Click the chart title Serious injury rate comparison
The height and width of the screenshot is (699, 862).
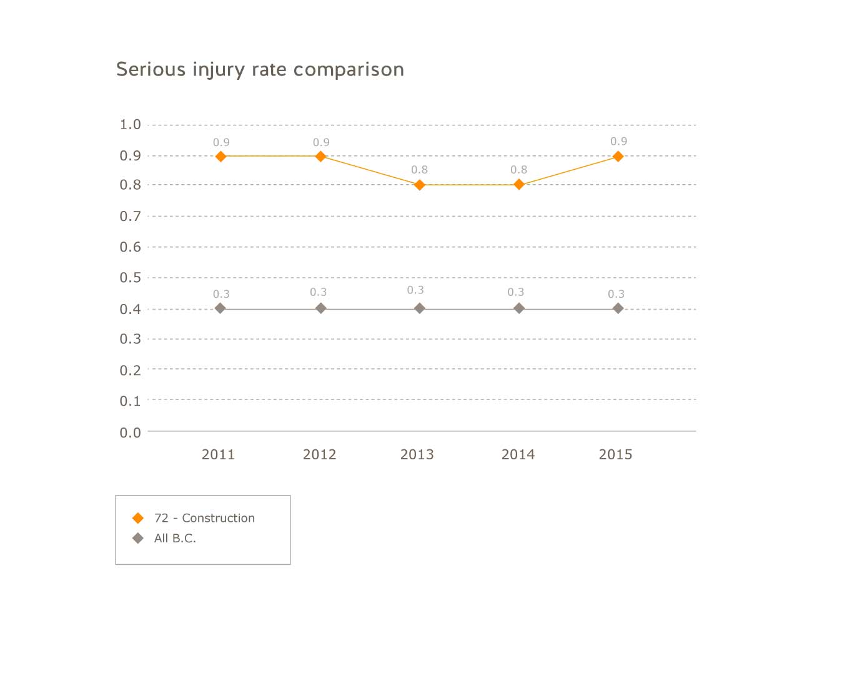260,69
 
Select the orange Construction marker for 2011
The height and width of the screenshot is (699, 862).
220,156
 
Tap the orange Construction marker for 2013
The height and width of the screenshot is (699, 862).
420,185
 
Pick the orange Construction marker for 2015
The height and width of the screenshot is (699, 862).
618,156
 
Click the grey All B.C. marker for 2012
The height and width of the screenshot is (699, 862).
320,308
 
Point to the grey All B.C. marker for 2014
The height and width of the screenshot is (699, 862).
518,308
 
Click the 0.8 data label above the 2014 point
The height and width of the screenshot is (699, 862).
518,170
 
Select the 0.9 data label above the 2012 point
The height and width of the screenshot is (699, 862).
321,142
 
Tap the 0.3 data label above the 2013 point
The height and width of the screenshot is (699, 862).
415,290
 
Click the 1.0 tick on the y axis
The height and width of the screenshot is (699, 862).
131,124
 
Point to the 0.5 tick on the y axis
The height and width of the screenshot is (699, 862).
131,277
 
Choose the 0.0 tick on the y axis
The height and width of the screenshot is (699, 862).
131,433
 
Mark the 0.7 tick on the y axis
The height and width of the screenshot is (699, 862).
131,216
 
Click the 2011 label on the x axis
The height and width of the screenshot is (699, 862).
218,454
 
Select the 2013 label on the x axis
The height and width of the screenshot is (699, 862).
417,454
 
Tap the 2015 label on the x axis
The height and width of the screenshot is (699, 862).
615,454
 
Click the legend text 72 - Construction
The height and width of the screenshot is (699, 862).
204,518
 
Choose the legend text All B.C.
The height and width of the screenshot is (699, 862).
175,538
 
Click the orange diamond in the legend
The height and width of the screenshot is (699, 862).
138,518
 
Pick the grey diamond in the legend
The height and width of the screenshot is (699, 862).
138,538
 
